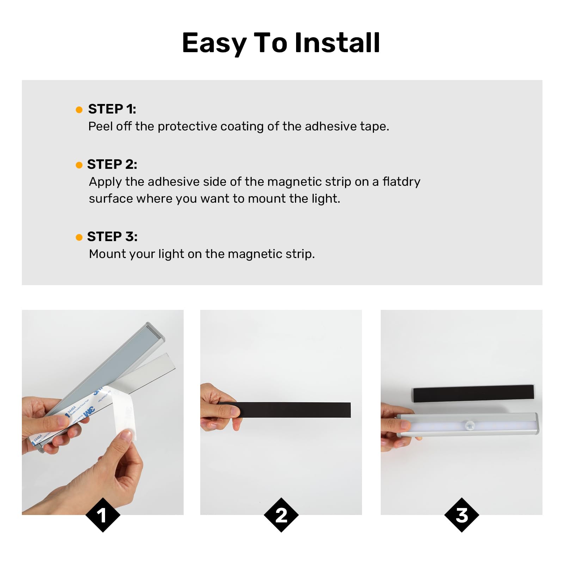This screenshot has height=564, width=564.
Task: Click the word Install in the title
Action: [337, 43]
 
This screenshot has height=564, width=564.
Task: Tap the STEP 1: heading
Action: [112, 109]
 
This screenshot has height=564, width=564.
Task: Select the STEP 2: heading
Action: [112, 164]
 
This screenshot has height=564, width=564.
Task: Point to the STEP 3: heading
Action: [112, 237]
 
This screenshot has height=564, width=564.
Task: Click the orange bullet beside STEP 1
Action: [79, 110]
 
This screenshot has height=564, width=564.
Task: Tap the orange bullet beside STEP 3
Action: [79, 238]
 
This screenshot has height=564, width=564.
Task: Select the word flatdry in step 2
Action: [401, 182]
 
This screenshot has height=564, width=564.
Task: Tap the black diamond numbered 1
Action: [103, 515]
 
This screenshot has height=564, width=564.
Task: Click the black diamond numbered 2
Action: [281, 515]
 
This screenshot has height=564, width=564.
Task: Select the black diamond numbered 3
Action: [462, 515]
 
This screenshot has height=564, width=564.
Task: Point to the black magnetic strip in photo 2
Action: [296, 410]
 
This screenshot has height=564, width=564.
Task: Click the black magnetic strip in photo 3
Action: [473, 393]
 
